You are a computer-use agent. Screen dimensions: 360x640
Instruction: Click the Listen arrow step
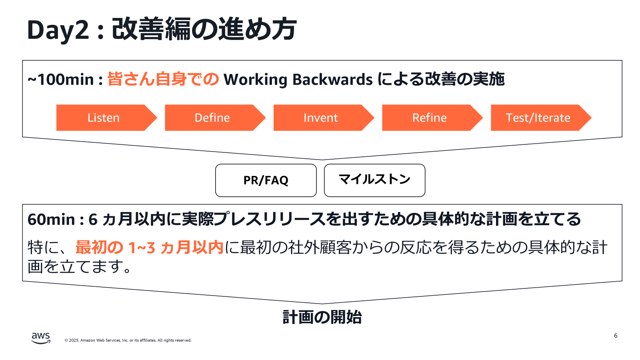pos(104,118)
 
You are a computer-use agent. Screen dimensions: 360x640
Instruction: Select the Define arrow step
pos(212,118)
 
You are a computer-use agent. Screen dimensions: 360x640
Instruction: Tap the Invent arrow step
pos(321,118)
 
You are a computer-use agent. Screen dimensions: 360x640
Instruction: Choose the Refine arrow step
pos(430,118)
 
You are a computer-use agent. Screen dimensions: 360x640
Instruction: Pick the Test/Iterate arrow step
pos(538,118)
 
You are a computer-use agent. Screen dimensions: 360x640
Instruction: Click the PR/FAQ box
pos(266,180)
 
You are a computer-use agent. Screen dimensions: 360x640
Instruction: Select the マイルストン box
pos(374,180)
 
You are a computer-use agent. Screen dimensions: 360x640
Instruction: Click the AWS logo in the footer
pos(41,338)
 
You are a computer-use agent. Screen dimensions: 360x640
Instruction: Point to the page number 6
pos(616,336)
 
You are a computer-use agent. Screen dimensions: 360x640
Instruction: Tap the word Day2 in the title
pos(58,30)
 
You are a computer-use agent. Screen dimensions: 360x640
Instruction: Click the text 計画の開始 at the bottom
pos(322,317)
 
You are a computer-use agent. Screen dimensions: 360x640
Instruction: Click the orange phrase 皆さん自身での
pos(163,79)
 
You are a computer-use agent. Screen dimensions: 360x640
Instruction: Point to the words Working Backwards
pos(298,80)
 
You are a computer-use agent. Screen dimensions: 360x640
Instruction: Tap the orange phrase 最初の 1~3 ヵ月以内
pos(149,248)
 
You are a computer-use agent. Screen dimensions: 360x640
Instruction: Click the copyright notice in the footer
pos(128,340)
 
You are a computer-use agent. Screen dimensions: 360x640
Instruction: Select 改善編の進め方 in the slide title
pos(204,30)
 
